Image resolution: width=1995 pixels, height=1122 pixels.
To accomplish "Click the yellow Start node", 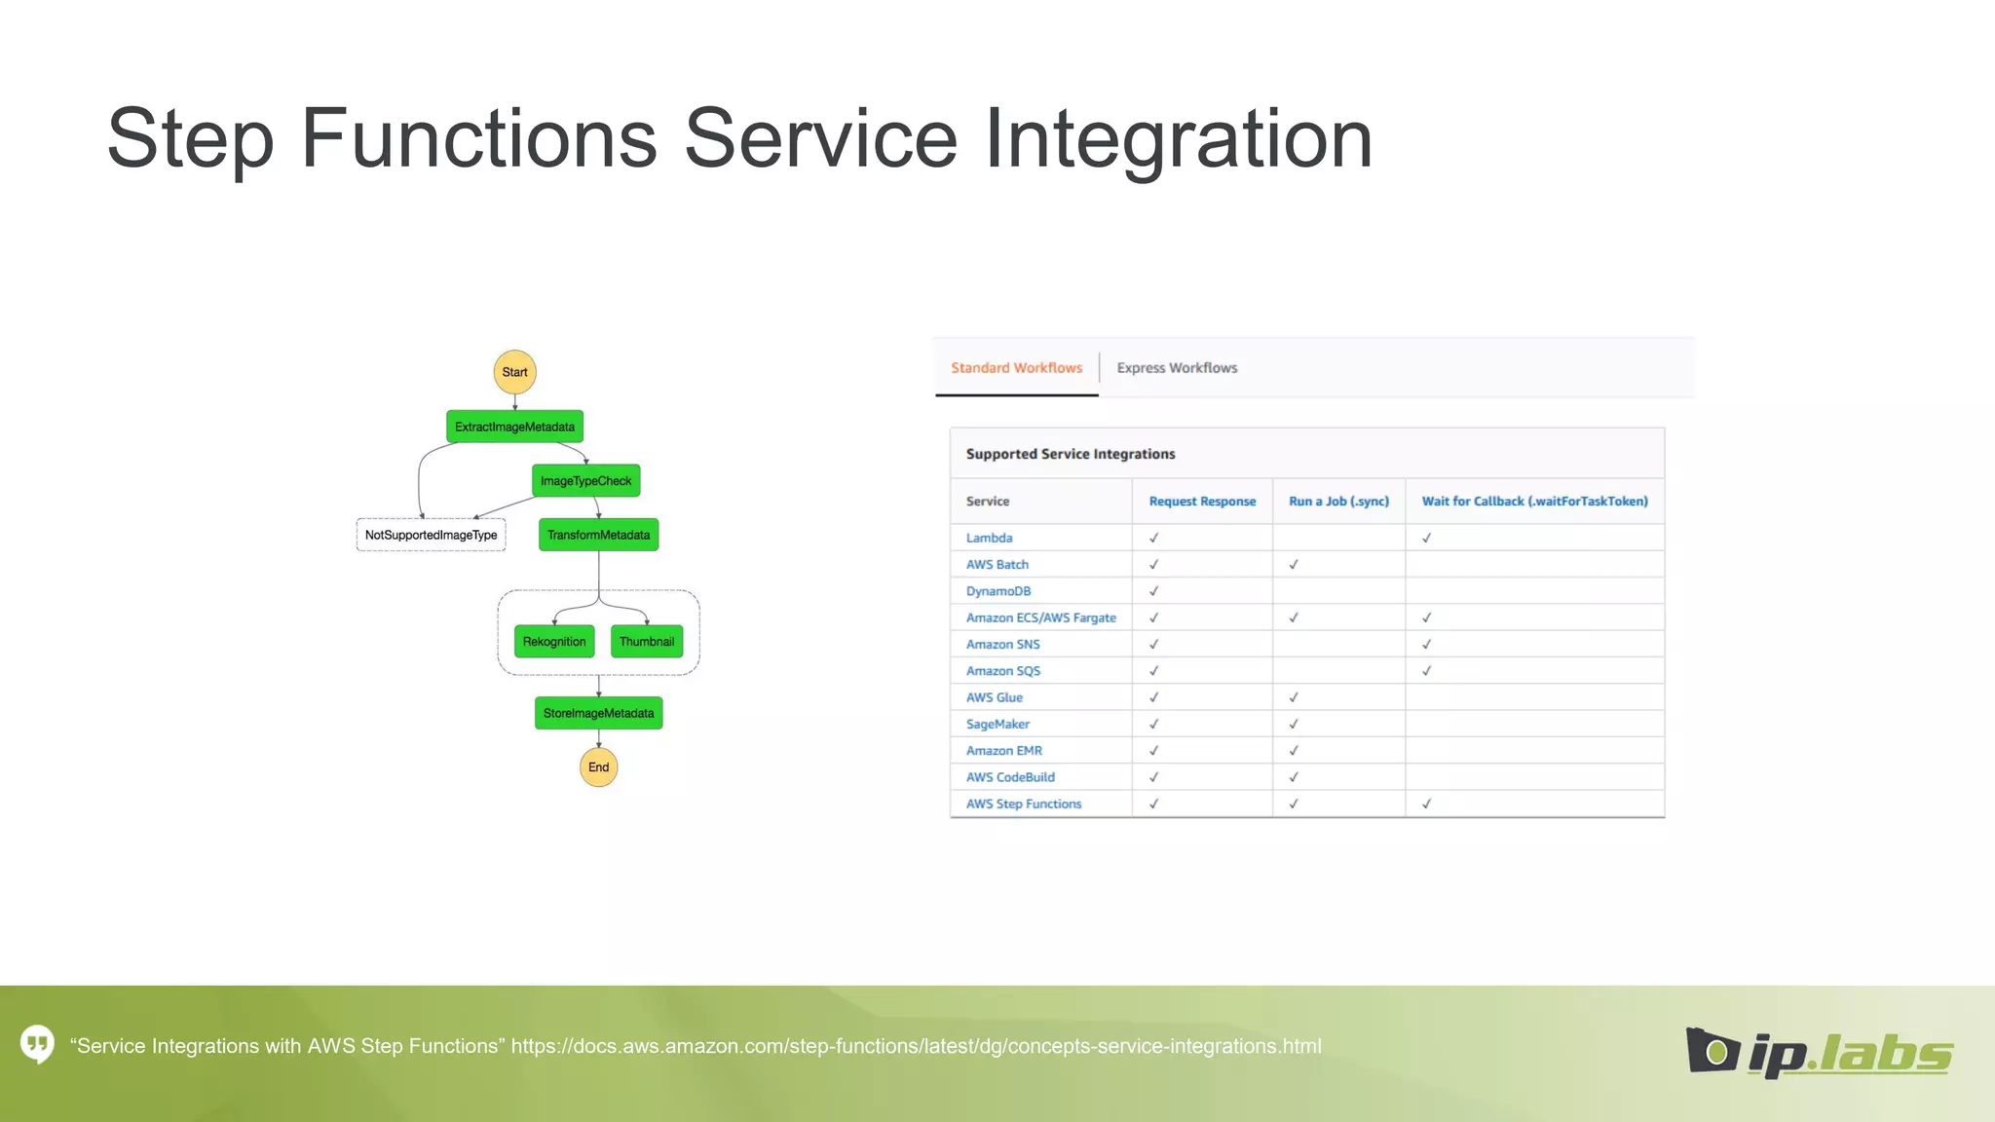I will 514,372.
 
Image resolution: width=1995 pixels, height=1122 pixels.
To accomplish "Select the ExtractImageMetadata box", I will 514,427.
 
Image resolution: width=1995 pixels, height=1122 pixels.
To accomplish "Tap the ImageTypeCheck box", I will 585,481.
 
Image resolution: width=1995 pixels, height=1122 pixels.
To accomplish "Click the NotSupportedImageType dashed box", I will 431,535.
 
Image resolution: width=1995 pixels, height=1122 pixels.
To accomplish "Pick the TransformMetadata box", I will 598,535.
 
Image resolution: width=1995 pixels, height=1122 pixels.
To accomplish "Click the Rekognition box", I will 554,642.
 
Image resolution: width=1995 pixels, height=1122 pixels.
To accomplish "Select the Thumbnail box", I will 647,642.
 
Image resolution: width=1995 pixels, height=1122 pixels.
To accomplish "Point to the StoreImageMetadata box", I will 598,713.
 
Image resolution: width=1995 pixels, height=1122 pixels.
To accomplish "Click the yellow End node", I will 598,767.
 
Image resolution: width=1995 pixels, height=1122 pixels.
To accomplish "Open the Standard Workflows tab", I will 1016,368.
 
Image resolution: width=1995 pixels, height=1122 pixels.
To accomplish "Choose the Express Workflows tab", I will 1177,368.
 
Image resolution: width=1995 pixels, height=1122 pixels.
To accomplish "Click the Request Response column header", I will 1202,502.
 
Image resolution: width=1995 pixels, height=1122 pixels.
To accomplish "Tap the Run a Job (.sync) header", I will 1338,502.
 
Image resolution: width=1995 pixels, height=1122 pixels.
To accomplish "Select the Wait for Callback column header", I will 1534,502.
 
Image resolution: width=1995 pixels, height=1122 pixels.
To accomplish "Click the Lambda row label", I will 989,538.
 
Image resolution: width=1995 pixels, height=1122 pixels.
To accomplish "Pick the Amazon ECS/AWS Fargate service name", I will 1040,617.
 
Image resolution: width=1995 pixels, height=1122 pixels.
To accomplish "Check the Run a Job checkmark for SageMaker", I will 1294,724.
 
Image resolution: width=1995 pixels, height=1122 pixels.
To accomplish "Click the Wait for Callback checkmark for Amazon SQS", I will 1426,671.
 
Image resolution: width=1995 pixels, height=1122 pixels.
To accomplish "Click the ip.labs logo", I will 1819,1052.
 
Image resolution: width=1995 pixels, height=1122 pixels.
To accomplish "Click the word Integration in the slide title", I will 1179,138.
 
